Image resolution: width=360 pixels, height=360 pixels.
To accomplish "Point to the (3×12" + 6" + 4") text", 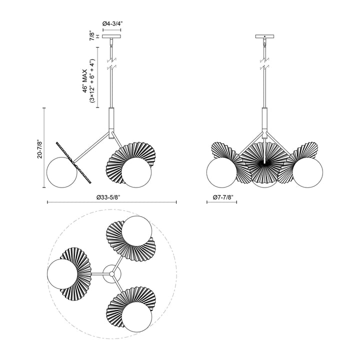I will coord(92,82).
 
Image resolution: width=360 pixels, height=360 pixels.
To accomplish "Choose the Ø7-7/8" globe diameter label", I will coord(222,196).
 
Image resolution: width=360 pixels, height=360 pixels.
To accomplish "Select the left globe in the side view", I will coord(60,172).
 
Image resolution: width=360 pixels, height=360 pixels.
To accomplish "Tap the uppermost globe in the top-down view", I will coord(136,231).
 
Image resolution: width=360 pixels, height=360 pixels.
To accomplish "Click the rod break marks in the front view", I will coord(264,64).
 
